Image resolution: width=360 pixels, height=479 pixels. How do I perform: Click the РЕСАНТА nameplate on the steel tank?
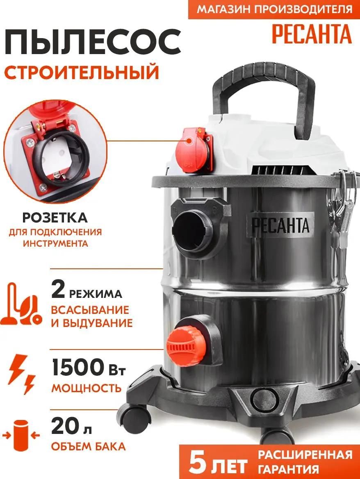(x=280, y=225)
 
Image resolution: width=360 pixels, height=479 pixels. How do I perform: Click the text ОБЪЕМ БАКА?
(x=88, y=446)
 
